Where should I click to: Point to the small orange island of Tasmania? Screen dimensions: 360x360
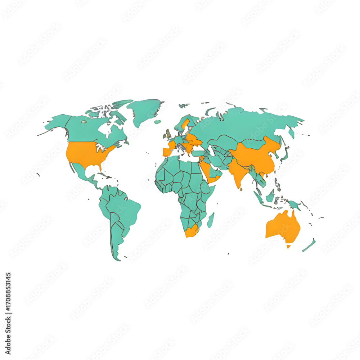click(x=288, y=247)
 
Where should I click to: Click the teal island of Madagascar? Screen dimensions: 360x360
click(x=211, y=220)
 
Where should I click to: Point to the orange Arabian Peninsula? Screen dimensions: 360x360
click(x=209, y=171)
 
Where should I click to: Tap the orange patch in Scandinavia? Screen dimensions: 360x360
click(x=185, y=124)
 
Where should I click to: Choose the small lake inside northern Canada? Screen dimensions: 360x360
click(x=84, y=122)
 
